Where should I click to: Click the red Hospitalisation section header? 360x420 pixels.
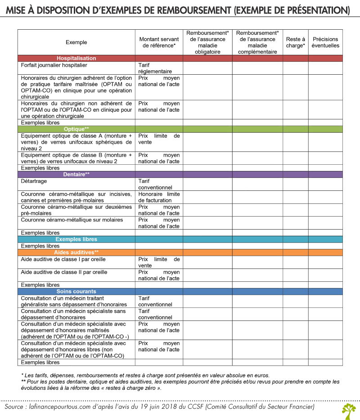click(x=76, y=58)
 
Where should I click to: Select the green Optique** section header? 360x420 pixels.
click(x=76, y=129)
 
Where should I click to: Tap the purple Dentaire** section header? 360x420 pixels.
click(x=76, y=174)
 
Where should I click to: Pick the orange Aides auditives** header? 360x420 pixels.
click(x=76, y=253)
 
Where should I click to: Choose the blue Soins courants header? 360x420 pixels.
click(x=76, y=292)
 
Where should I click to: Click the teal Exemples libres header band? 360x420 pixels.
click(x=76, y=239)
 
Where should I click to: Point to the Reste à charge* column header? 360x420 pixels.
click(x=295, y=42)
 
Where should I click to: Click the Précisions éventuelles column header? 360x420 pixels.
click(x=325, y=42)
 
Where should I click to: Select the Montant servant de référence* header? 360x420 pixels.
click(x=159, y=42)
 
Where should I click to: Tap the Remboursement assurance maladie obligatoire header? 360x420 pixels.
click(x=207, y=42)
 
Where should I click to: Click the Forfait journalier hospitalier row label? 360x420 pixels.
click(x=51, y=65)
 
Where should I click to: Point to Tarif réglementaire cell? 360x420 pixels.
click(x=155, y=68)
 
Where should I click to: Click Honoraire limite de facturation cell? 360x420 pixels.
click(x=158, y=197)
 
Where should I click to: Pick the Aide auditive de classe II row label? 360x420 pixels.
click(x=64, y=272)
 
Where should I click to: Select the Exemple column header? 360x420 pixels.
click(x=76, y=42)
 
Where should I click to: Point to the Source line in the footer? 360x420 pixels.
click(x=160, y=407)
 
